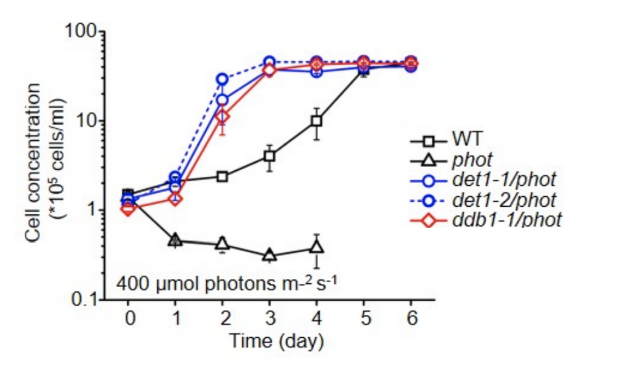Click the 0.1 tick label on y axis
pos(85,300)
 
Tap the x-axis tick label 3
pos(270,319)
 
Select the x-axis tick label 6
pos(411,319)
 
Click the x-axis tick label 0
pos(128,319)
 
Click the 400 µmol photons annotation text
pos(227,285)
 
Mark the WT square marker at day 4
pos(317,120)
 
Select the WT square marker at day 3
pos(270,157)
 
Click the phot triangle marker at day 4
pos(317,248)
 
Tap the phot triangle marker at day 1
pos(175,240)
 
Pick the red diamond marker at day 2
pos(222,116)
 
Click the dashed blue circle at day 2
pos(222,79)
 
